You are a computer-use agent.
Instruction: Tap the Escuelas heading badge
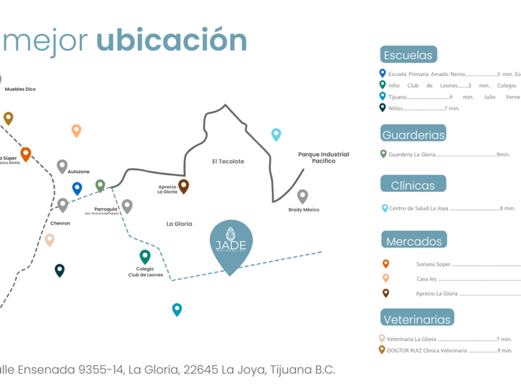point(408,55)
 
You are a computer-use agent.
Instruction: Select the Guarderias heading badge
point(413,134)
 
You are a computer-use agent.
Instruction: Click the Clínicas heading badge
point(412,184)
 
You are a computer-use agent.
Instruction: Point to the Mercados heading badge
point(414,241)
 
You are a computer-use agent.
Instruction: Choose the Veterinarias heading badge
point(417,319)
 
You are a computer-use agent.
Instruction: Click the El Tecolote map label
point(228,161)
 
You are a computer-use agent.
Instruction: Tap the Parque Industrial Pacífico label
point(323,157)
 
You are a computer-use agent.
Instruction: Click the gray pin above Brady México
point(303,196)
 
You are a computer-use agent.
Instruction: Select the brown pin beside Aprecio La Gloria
point(184,186)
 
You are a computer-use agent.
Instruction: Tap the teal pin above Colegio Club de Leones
point(145,256)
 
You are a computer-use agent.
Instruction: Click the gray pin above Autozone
point(62,166)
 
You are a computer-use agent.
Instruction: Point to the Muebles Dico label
point(20,89)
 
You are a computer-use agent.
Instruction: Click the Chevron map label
point(60,223)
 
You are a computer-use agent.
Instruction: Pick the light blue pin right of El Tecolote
point(276,134)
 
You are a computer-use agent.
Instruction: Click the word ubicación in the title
point(171,40)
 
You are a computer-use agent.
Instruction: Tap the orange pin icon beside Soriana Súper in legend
point(386,264)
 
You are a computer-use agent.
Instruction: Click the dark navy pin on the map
point(60,269)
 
